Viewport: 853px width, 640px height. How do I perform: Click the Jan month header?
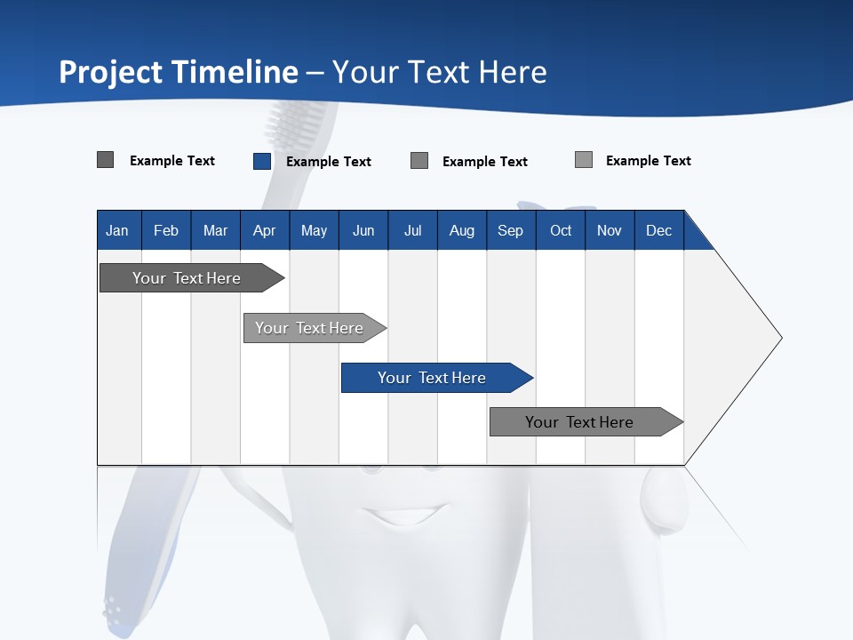[x=117, y=230]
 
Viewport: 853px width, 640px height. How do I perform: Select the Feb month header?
[x=166, y=230]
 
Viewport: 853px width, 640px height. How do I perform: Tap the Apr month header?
[x=264, y=230]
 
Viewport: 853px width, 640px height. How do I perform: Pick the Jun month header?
[x=363, y=230]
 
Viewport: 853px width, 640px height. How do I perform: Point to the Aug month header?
[x=461, y=230]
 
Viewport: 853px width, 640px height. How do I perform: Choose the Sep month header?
[x=510, y=230]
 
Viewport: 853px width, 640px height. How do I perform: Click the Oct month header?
[x=561, y=230]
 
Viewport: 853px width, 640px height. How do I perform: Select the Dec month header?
[x=658, y=230]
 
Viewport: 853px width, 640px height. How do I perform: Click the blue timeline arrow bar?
[x=435, y=378]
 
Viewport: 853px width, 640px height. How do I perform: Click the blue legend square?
[x=262, y=161]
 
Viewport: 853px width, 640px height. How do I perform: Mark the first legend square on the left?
[x=105, y=160]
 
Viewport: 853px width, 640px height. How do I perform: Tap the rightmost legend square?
[x=584, y=160]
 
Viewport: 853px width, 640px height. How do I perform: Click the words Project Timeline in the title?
[x=178, y=72]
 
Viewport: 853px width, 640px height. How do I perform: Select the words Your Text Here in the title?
[x=440, y=72]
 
